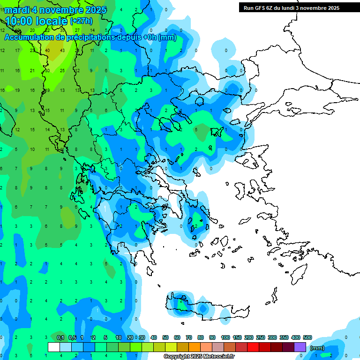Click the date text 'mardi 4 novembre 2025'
click(56, 10)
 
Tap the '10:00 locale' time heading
click(36, 21)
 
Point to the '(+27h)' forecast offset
click(81, 21)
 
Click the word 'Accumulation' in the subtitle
click(30, 37)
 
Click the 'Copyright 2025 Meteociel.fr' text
click(199, 357)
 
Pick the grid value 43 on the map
click(62, 51)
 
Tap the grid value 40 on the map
click(47, 51)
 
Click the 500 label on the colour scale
click(307, 338)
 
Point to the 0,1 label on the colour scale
click(60, 338)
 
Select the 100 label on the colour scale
click(225, 338)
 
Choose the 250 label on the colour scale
click(261, 338)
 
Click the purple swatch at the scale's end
click(300, 347)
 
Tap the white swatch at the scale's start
click(54, 347)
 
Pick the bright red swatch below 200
click(253, 347)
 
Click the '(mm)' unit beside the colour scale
click(317, 348)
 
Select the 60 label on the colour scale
click(177, 338)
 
